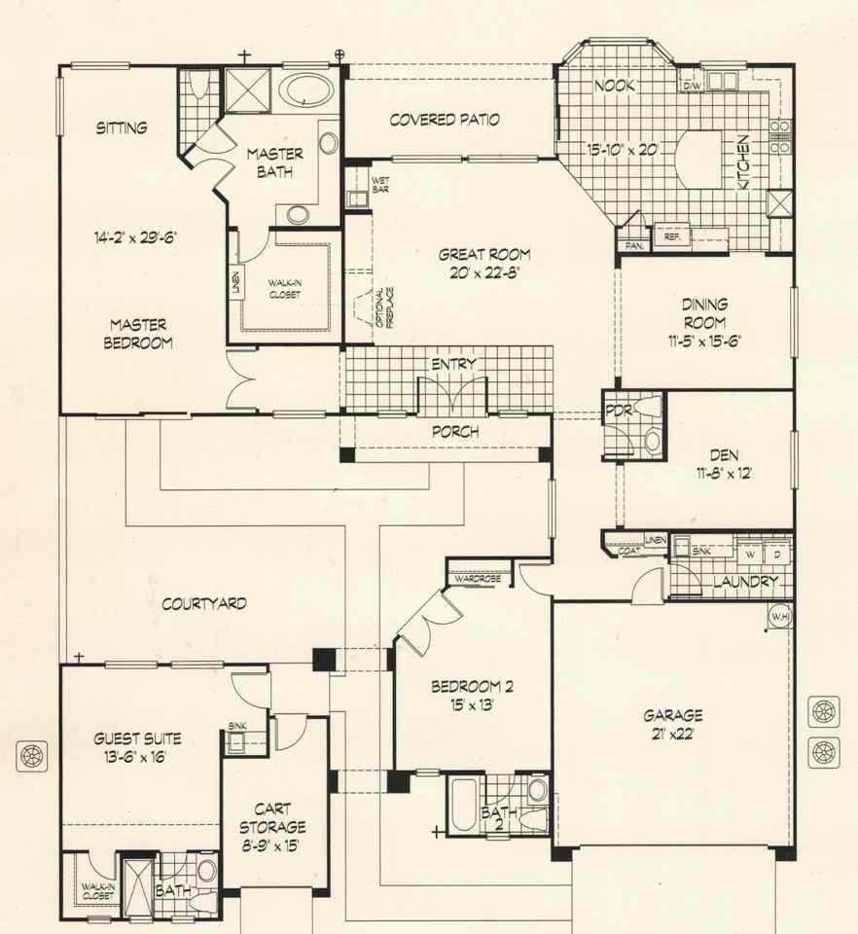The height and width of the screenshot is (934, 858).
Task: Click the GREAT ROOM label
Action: [470, 255]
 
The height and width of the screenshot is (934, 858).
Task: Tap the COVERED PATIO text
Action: [445, 120]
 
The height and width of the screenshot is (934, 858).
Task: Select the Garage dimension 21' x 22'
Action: [672, 735]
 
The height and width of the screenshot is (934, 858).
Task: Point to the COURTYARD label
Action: [203, 603]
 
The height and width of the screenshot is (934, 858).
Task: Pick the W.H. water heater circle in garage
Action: [779, 617]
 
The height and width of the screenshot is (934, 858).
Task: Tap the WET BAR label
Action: [380, 184]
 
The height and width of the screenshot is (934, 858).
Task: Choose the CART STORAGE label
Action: [274, 817]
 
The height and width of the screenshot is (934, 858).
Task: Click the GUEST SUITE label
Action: [137, 738]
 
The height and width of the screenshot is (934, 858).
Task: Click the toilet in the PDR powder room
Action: [651, 442]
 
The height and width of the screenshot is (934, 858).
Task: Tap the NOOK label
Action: [615, 86]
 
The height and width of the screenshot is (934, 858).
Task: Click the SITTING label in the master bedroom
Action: [122, 127]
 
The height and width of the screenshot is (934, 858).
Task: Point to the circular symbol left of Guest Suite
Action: [34, 753]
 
